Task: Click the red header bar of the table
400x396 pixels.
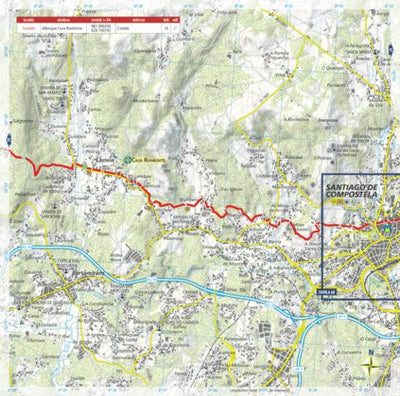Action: point(100,17)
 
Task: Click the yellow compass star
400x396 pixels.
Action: point(369,368)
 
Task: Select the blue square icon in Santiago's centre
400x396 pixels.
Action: point(380,231)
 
